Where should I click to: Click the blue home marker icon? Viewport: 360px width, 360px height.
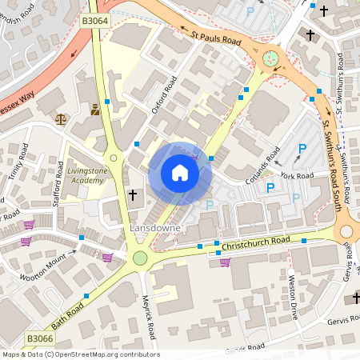[180, 173]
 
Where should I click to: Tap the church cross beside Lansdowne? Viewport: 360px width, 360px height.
[133, 194]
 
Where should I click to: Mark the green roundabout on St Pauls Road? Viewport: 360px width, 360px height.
[270, 58]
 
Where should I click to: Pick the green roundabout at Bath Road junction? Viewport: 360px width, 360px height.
[141, 258]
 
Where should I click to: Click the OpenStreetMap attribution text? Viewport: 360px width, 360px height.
[80, 354]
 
